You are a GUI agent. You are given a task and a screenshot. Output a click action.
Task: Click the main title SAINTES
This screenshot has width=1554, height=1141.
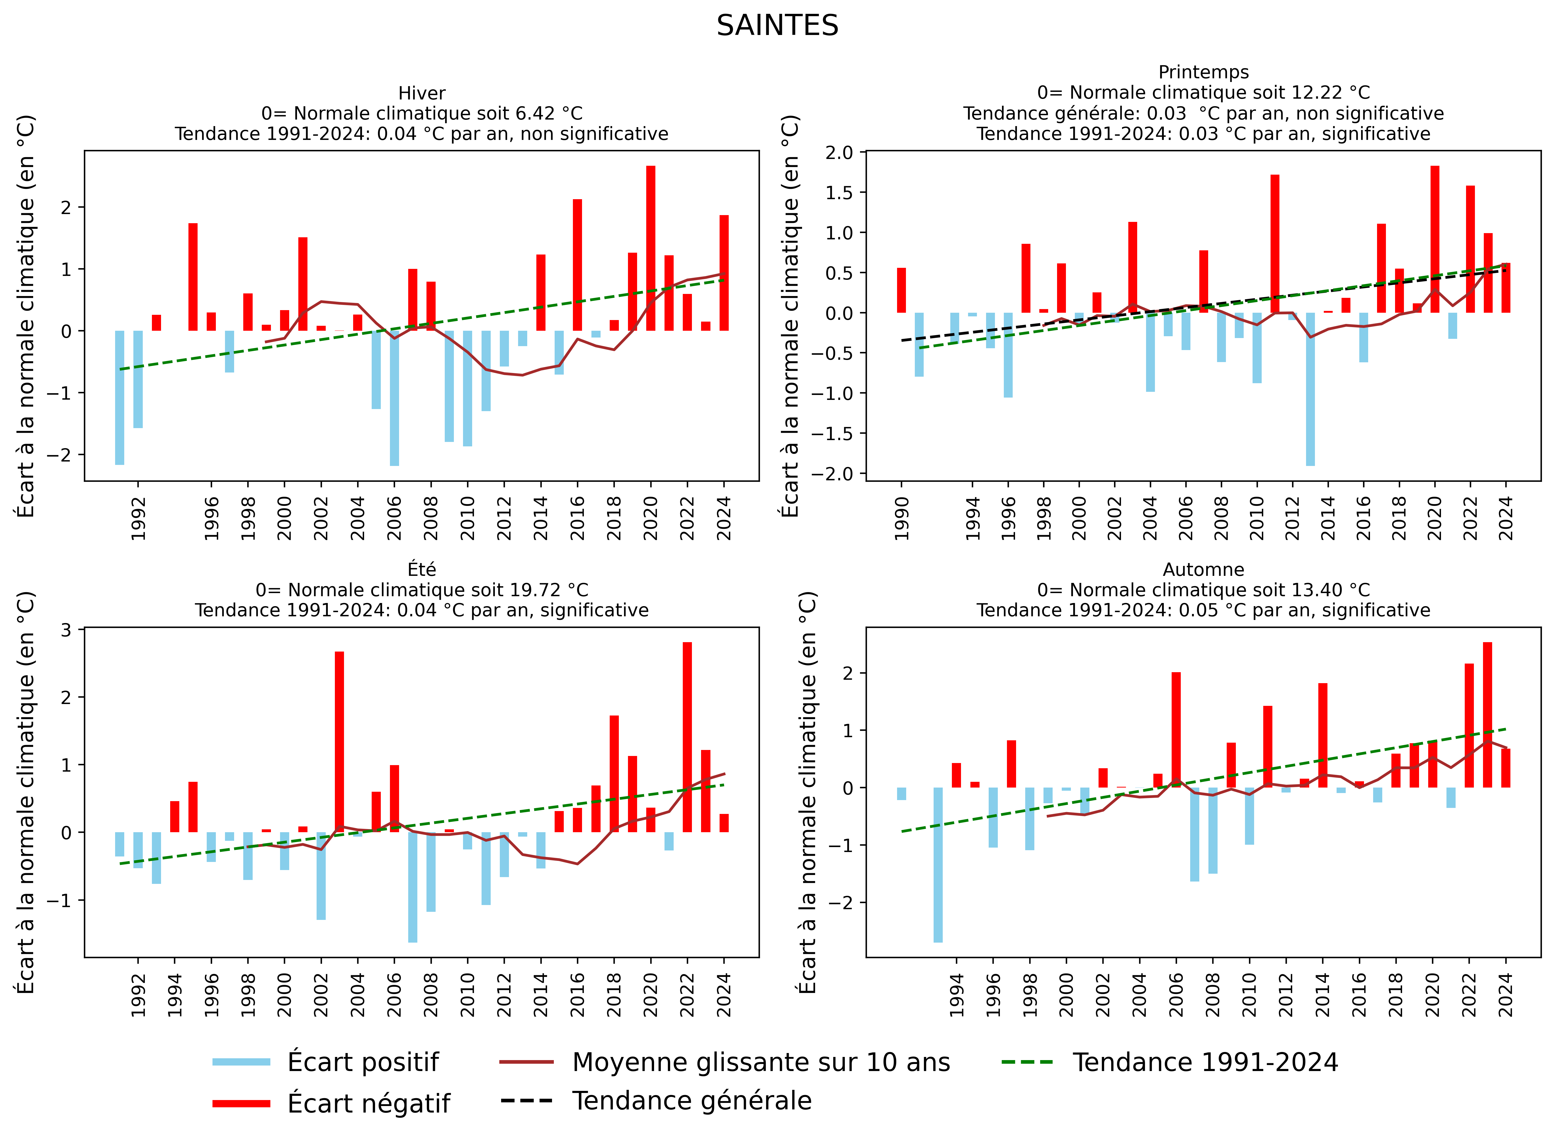click(x=777, y=26)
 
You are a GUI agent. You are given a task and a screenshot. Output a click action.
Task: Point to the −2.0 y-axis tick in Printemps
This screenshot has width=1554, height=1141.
click(x=835, y=474)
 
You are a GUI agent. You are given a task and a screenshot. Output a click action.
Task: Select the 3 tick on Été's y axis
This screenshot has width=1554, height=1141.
click(x=66, y=629)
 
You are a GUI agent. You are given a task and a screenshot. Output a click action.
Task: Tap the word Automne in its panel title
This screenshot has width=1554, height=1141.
click(x=1203, y=570)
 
